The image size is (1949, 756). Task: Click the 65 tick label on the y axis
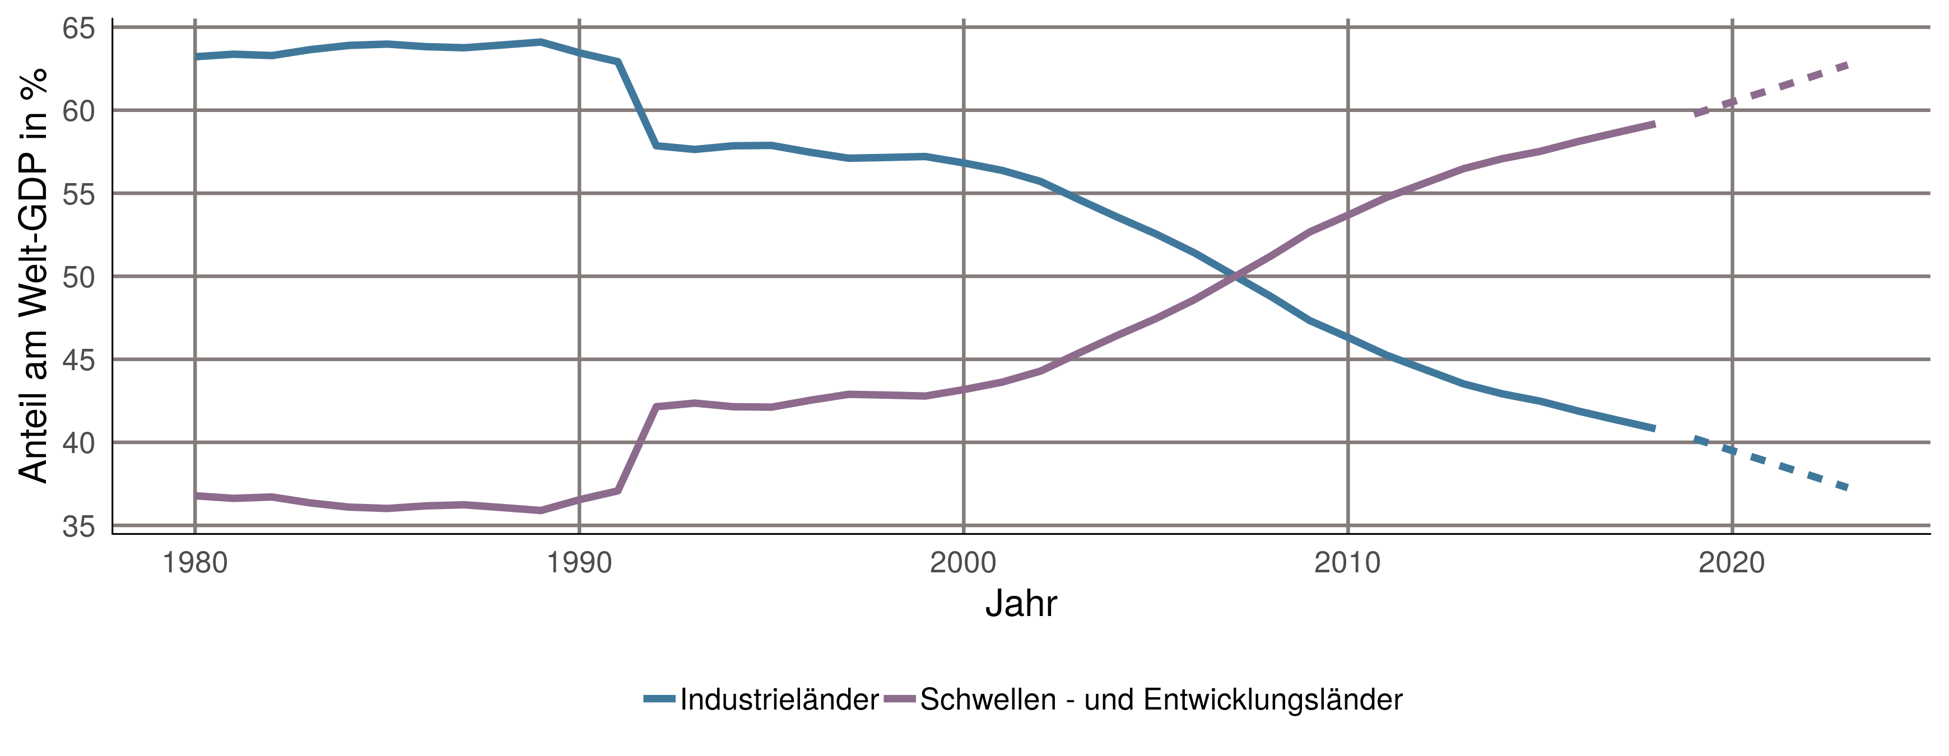coord(78,29)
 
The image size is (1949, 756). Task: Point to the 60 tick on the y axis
coord(78,111)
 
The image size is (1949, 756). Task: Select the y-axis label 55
coord(78,194)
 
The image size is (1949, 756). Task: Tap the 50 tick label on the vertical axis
coord(78,277)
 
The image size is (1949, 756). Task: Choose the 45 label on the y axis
coord(78,360)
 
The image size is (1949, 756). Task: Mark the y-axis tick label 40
coord(78,443)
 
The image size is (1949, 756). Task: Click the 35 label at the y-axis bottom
coord(78,526)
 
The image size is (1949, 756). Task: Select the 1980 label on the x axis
coord(195,563)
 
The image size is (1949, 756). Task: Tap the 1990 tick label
coord(580,563)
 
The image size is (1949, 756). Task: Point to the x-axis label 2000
coord(963,563)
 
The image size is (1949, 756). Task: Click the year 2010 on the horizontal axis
coord(1347,563)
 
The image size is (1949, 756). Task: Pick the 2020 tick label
coord(1732,563)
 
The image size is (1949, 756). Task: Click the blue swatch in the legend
coord(659,698)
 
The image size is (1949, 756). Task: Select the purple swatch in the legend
coord(900,698)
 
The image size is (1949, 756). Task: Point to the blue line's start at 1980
coord(197,56)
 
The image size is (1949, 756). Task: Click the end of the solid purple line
coord(1654,124)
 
